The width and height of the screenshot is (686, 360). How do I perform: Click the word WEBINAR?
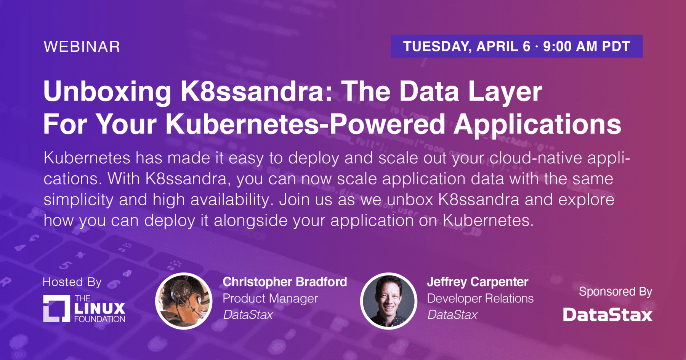82,47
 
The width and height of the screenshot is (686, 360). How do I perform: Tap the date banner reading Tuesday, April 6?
517,46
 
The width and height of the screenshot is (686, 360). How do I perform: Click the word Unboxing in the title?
107,92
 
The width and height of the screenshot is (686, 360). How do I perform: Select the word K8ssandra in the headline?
256,91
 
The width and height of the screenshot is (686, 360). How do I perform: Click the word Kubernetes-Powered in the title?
305,124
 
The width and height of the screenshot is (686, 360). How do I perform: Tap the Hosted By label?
72,282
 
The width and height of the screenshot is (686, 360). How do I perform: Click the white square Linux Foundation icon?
57,309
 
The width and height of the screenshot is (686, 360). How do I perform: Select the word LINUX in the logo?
100,308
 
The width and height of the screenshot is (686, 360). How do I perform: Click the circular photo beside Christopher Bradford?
184,301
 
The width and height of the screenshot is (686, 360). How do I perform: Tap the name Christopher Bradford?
285,282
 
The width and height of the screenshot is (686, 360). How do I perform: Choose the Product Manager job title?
270,299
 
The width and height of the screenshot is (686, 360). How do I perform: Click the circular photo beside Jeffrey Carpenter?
389,301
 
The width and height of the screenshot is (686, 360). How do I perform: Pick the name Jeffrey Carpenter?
478,282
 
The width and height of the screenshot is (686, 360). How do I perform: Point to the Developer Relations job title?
480,298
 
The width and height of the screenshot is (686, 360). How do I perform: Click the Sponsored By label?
615,292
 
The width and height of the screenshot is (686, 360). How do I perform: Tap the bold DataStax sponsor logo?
608,315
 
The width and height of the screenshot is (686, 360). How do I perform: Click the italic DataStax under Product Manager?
248,315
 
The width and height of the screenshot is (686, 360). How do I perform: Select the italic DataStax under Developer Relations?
452,315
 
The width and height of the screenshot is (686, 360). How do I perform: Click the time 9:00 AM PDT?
587,46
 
